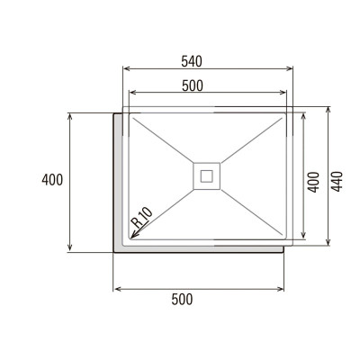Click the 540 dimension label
point(190,61)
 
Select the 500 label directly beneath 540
point(190,85)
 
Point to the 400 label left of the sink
point(52,180)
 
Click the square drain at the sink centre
point(207,175)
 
